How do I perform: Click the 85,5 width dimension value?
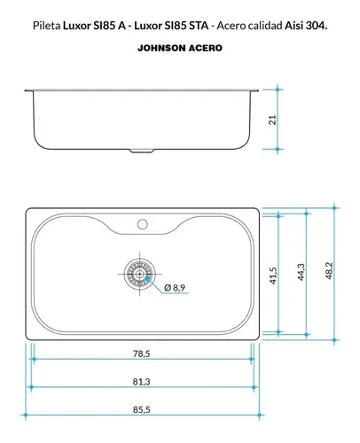(141, 409)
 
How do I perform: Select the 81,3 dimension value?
(141, 382)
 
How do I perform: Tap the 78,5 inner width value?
(141, 354)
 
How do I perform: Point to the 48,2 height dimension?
(329, 271)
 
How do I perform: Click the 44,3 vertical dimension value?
(301, 272)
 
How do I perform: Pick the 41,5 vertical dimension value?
(273, 276)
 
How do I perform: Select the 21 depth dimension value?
(272, 120)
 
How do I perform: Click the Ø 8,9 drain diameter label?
(175, 287)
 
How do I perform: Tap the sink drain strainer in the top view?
(139, 274)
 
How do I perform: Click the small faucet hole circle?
(143, 224)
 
